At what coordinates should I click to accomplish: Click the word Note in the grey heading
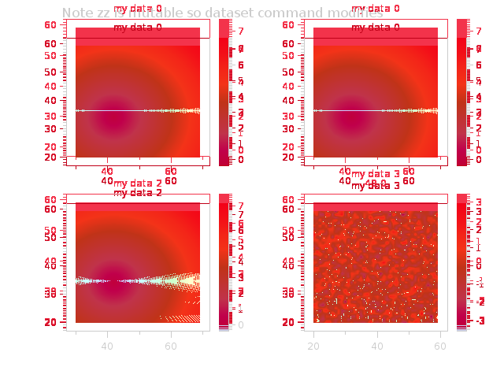tap(76, 13)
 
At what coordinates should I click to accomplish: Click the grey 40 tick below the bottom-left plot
tap(108, 346)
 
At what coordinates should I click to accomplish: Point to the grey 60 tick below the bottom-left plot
tap(171, 346)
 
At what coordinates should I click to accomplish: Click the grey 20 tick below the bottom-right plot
tap(313, 346)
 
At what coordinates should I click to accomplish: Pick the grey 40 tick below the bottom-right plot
tap(377, 346)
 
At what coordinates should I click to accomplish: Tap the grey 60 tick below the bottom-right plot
tap(440, 346)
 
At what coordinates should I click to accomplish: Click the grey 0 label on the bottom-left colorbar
tap(239, 324)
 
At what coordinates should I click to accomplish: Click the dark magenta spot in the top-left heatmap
tap(110, 120)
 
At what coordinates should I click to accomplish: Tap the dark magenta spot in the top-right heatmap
tap(348, 120)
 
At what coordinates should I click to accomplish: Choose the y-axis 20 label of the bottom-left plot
tap(50, 322)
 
